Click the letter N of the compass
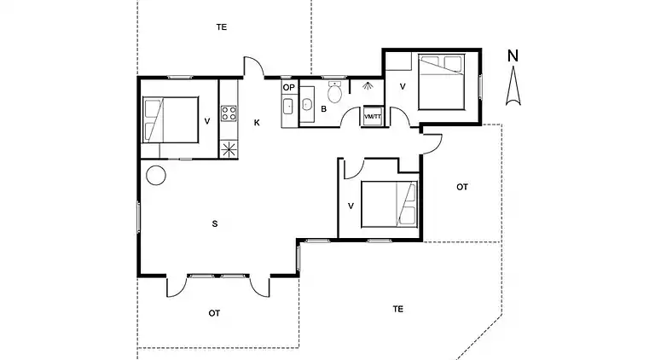tap(513, 56)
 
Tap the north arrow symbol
tap(513, 88)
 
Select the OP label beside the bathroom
tap(288, 87)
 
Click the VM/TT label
tap(373, 117)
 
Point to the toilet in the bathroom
tap(334, 92)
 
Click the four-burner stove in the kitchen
tap(229, 113)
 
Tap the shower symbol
tap(368, 86)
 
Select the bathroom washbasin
tap(307, 104)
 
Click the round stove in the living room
tap(156, 176)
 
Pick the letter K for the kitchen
tap(257, 122)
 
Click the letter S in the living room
tap(215, 224)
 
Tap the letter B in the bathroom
tap(324, 109)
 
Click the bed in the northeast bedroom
tap(442, 82)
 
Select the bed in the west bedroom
tap(170, 120)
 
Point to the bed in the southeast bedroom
tap(389, 204)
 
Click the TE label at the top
tap(222, 27)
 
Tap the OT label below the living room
tap(214, 313)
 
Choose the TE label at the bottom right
tap(397, 309)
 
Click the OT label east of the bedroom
tap(462, 187)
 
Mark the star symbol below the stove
tap(229, 149)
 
